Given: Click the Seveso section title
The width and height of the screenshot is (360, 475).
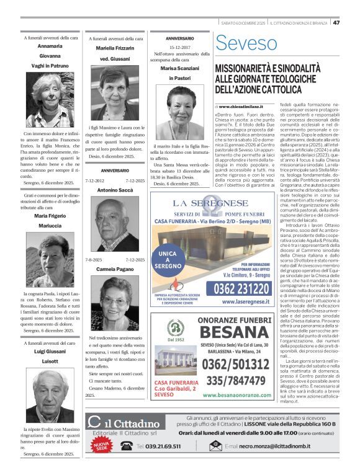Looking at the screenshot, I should (246, 43).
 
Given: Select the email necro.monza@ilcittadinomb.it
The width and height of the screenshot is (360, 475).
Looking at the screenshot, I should (285, 463).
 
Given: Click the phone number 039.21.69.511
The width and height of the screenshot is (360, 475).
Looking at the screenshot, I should (159, 463).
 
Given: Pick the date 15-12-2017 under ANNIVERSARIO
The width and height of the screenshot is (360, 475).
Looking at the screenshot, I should (180, 47).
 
